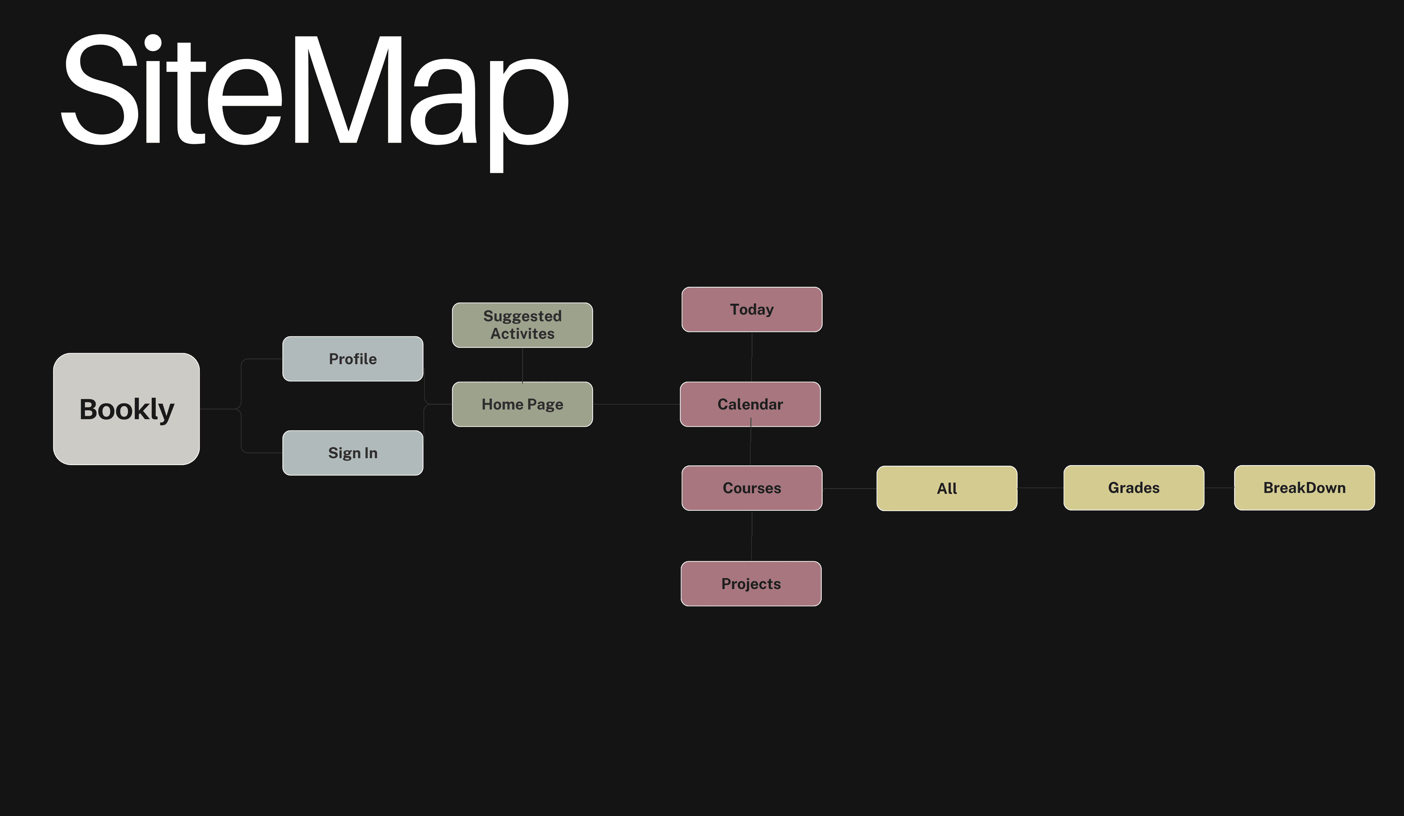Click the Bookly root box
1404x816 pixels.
coord(126,409)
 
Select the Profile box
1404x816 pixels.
coord(353,359)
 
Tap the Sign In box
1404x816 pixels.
coord(353,453)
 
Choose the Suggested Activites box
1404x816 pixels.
coord(522,325)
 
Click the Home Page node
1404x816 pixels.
coord(522,404)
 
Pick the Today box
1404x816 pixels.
coord(752,309)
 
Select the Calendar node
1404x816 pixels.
coord(750,404)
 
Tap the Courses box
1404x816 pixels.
coord(752,488)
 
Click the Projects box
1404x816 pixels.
coord(751,584)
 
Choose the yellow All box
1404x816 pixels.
coord(947,488)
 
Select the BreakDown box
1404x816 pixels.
coord(1304,488)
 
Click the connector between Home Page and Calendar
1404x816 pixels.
coord(636,404)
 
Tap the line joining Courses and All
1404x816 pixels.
coord(849,488)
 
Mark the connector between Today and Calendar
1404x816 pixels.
coord(752,357)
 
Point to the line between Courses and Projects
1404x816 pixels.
coord(752,536)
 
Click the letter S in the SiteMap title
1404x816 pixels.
coord(100,89)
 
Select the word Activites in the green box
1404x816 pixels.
coord(522,334)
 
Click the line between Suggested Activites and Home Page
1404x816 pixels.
coord(522,365)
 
